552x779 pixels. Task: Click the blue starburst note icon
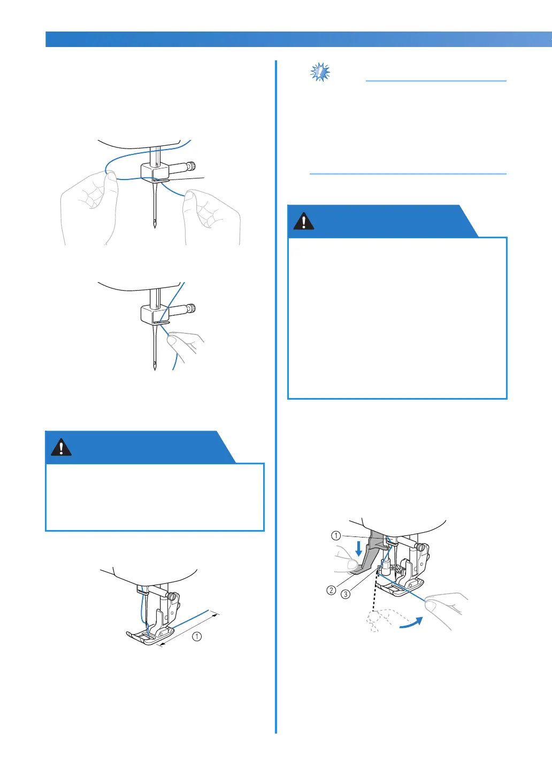320,72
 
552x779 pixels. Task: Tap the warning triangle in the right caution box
303,221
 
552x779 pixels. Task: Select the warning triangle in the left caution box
62,447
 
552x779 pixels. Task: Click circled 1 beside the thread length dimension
197,636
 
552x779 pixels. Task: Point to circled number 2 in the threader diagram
331,590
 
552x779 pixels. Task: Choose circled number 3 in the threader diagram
345,594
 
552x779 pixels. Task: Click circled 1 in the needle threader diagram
336,535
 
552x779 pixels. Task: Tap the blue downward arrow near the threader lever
358,549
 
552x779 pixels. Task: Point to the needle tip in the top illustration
155,227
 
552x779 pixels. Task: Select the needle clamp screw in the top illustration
191,166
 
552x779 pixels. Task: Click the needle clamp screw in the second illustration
191,308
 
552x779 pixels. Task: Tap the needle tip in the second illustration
155,369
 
